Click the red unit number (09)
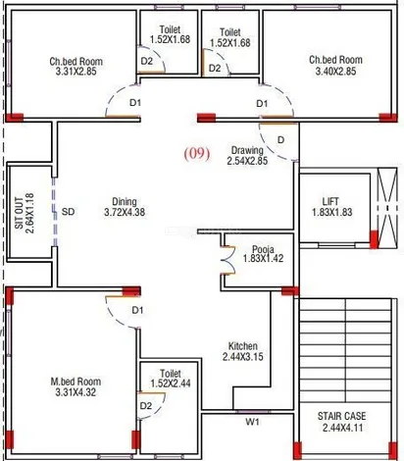click(x=197, y=154)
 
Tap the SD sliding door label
click(x=68, y=212)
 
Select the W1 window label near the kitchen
click(x=252, y=422)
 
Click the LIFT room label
click(x=330, y=201)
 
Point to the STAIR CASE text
click(x=341, y=416)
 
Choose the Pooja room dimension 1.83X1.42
click(x=263, y=258)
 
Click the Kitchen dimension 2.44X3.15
click(x=243, y=356)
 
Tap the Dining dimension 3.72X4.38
click(x=125, y=212)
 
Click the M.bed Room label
click(x=76, y=382)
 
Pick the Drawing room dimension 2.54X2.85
click(x=247, y=161)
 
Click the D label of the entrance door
click(x=280, y=140)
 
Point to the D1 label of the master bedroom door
click(x=137, y=310)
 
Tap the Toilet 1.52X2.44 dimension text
click(x=171, y=384)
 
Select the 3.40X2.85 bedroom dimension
click(x=335, y=72)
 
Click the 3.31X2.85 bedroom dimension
click(x=76, y=72)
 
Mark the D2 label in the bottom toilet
click(x=146, y=406)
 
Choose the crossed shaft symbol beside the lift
click(x=387, y=208)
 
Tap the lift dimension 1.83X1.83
click(x=332, y=212)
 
